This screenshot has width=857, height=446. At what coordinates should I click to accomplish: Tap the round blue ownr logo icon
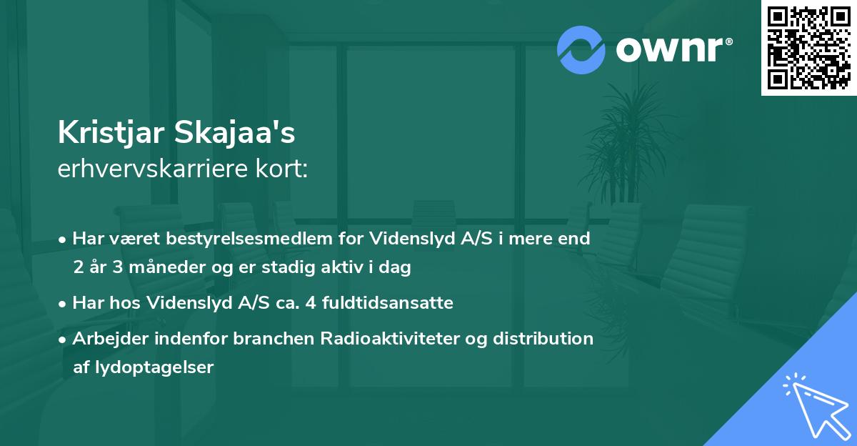[581, 50]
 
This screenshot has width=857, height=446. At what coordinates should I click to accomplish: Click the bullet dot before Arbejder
[64, 339]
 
